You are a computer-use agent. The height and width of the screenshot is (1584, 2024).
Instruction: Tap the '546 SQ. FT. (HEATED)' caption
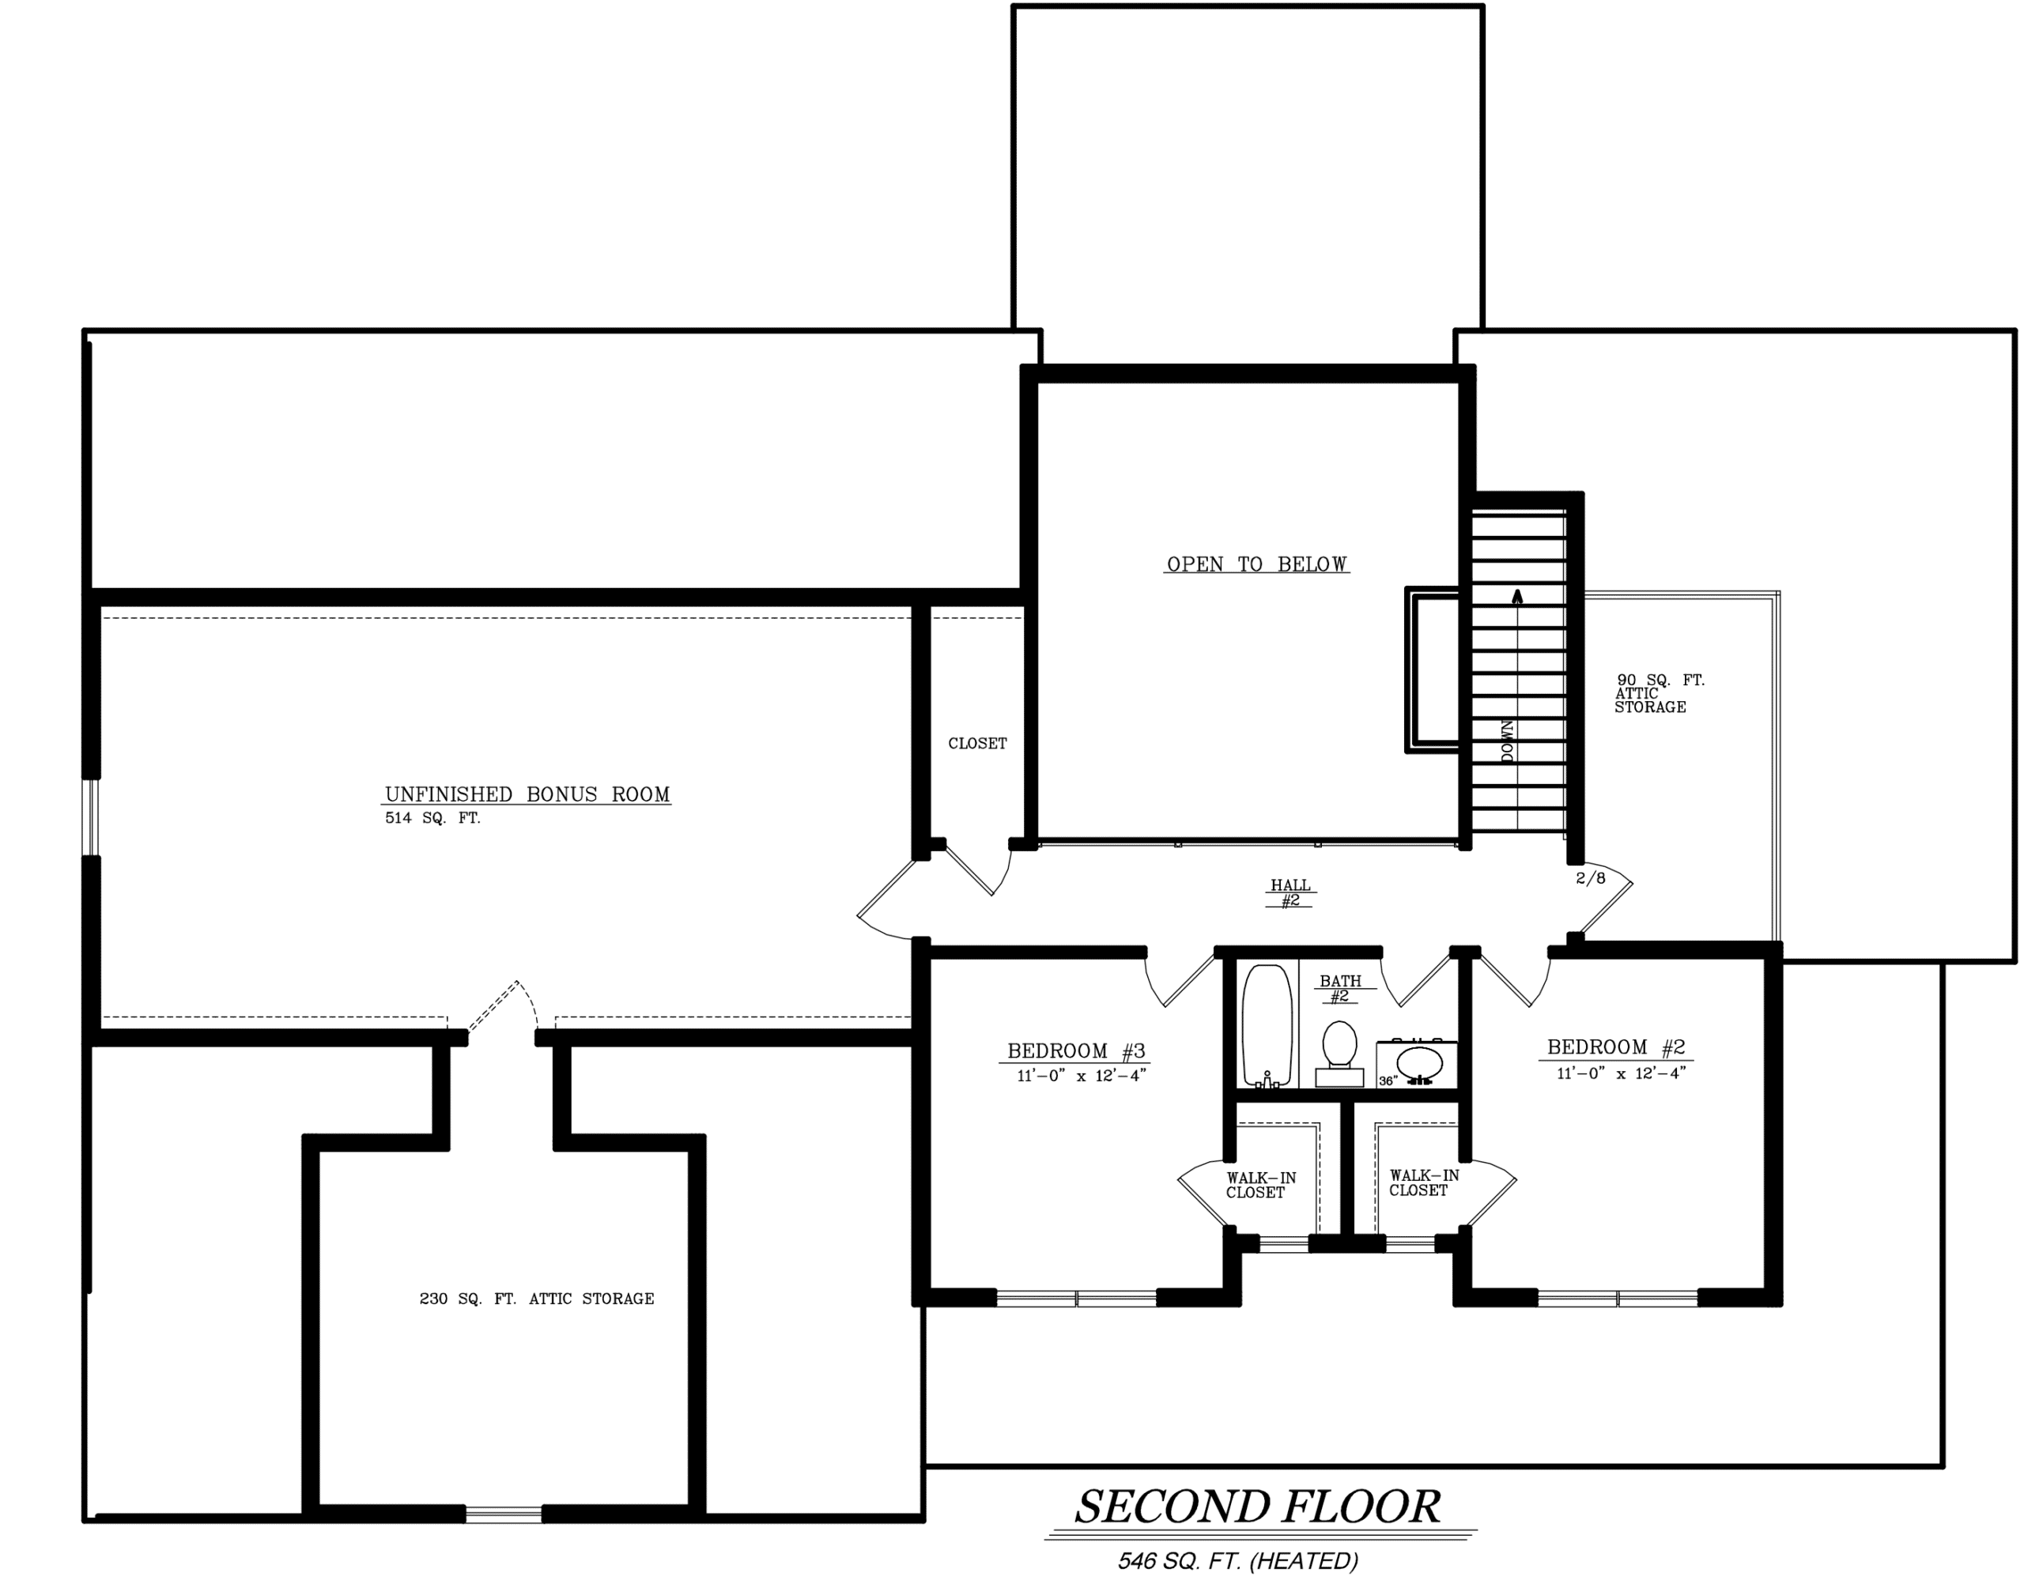coord(1238,1562)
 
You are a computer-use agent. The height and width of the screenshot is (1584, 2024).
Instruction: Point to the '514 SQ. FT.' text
coord(432,818)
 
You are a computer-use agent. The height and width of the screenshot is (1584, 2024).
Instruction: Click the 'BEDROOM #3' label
coord(1077,1050)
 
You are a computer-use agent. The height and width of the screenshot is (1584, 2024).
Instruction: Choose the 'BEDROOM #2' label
coord(1616,1047)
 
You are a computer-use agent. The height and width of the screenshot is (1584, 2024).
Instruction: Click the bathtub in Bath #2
coord(1267,1026)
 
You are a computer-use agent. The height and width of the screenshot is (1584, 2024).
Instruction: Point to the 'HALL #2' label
coord(1290,893)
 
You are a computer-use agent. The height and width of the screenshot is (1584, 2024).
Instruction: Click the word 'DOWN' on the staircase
coord(1508,741)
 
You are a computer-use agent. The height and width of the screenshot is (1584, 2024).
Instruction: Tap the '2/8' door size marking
coord(1590,877)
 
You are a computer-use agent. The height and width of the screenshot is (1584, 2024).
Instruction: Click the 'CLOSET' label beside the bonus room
coord(978,743)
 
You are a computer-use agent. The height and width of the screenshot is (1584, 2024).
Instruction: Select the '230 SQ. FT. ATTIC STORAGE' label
coord(537,1299)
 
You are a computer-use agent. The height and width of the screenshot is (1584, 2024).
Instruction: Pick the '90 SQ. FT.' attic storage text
coord(1660,680)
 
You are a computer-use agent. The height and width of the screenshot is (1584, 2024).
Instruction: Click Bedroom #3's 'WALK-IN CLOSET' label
coord(1260,1185)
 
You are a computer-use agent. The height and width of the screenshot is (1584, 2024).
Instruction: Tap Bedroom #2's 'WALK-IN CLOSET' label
coord(1424,1182)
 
